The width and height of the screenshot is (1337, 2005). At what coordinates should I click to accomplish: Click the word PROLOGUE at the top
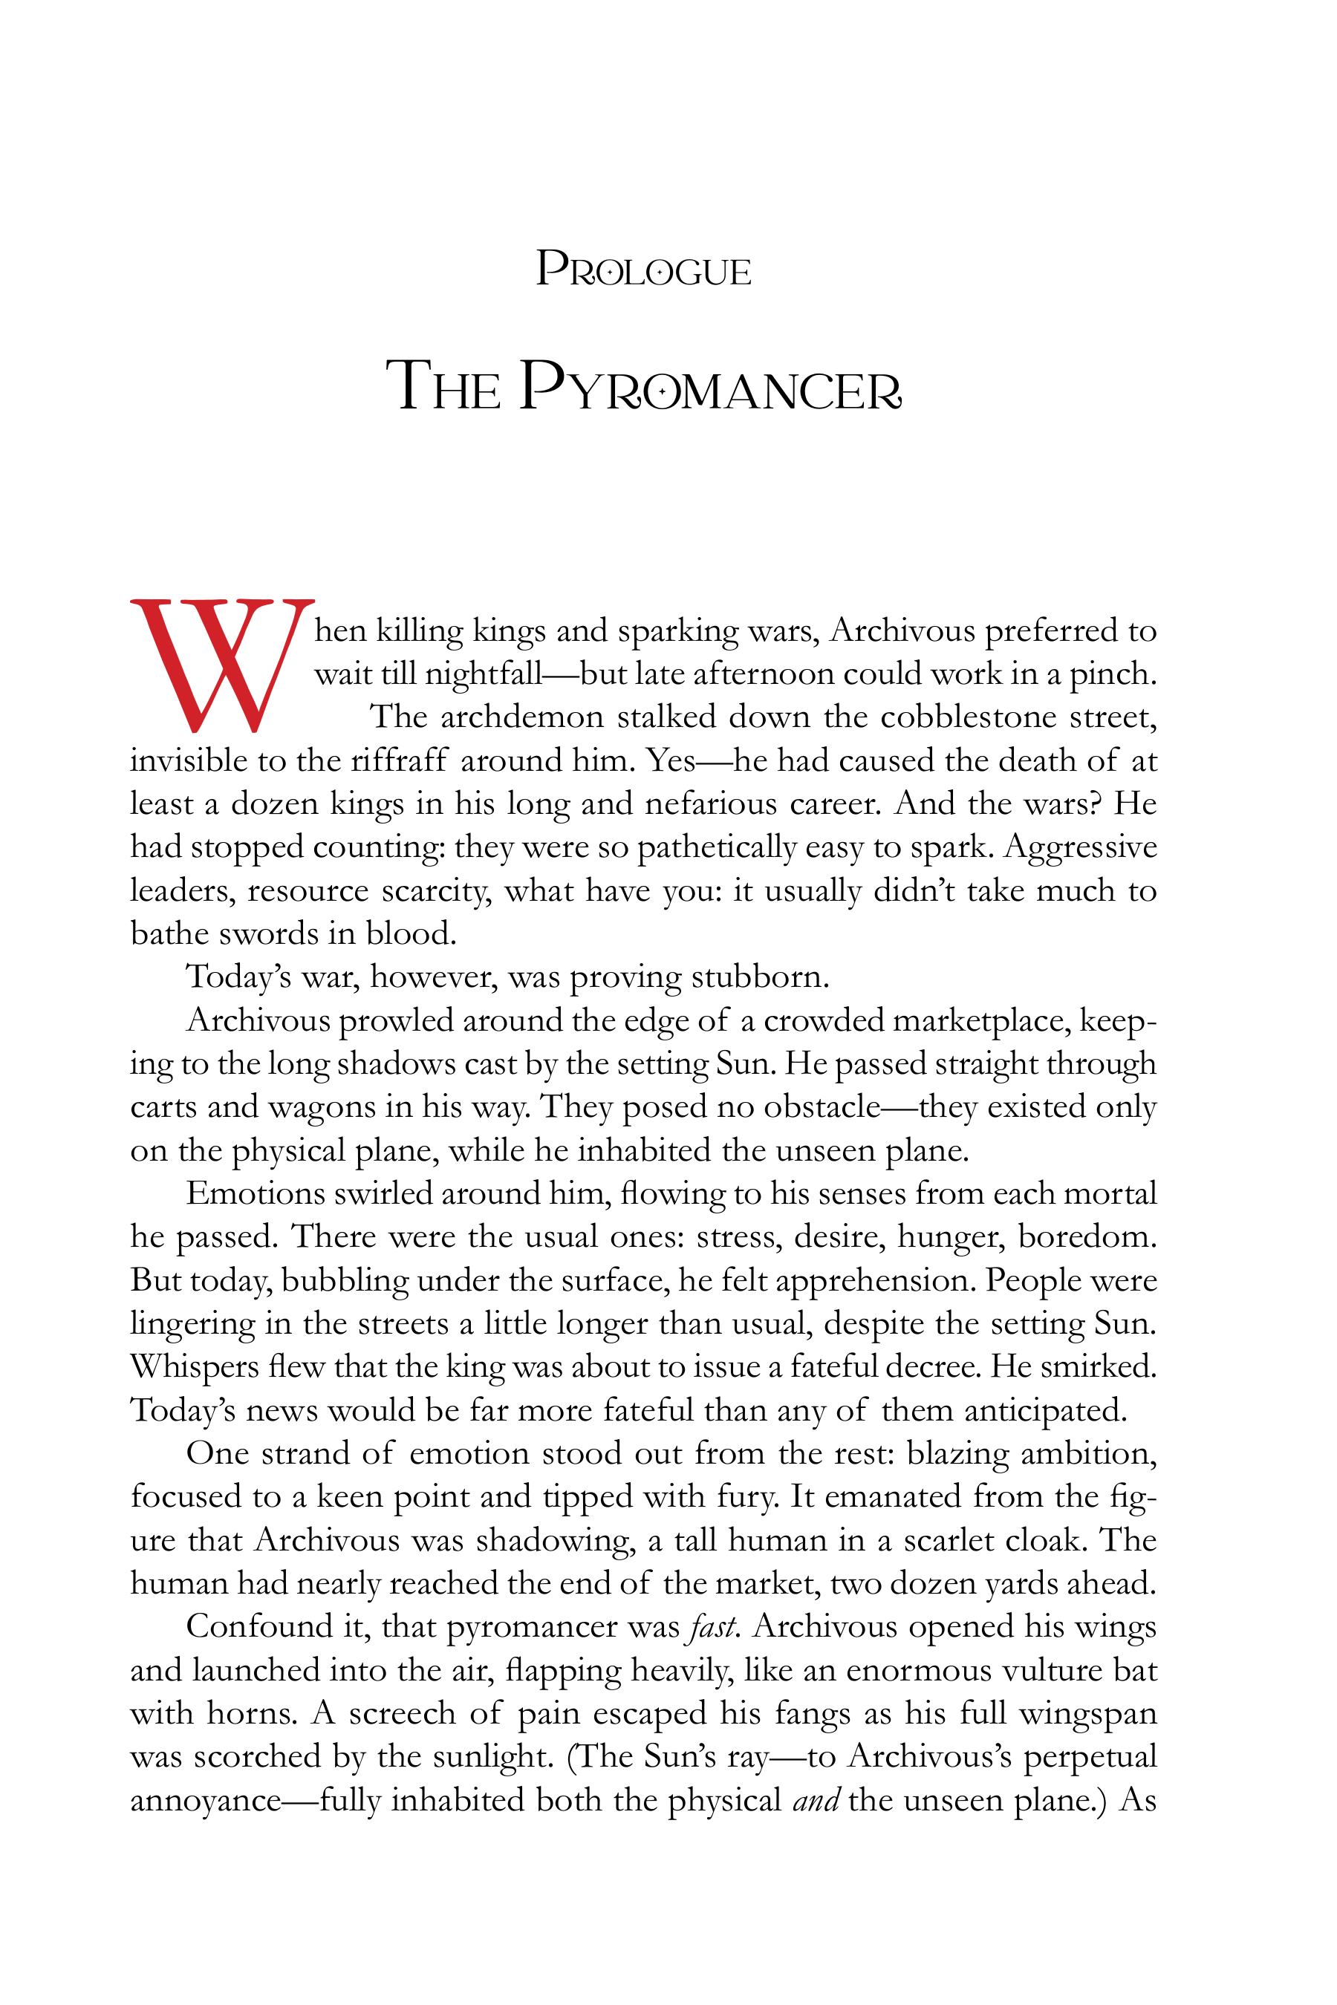click(643, 270)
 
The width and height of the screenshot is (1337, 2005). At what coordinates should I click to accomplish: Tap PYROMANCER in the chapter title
click(709, 388)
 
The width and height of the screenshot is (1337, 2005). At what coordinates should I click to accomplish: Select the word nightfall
click(484, 674)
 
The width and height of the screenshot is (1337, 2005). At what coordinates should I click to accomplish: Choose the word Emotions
click(256, 1193)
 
